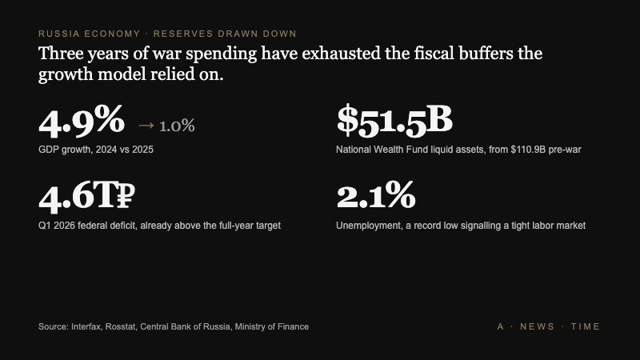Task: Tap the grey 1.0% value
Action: [177, 126]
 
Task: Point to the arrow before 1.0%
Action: [146, 126]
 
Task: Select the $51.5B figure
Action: [394, 120]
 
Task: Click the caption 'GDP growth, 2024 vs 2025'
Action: [95, 150]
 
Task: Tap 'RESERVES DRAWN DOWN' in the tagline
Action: [225, 34]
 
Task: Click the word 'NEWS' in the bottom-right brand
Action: [537, 326]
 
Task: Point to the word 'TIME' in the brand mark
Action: [585, 326]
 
